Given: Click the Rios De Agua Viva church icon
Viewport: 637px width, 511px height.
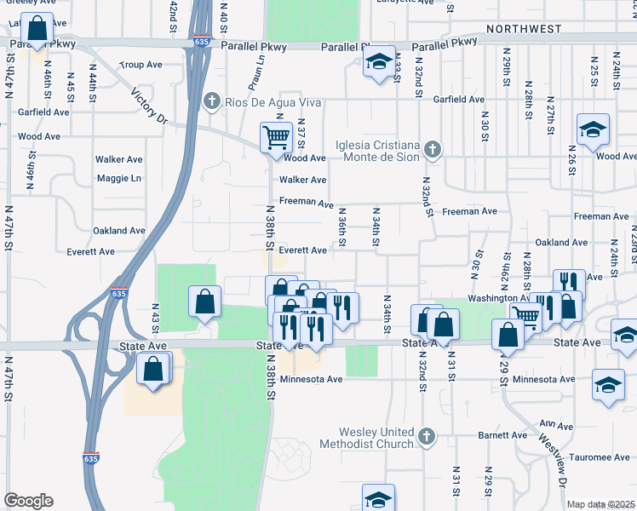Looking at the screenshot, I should tap(212, 103).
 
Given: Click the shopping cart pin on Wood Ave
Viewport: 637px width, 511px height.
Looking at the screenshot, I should tap(276, 138).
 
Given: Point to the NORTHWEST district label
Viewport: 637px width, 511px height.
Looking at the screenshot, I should tap(524, 29).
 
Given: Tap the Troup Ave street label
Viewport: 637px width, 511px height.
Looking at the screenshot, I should tap(141, 64).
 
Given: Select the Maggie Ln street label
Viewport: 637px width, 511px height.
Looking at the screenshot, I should tap(118, 178).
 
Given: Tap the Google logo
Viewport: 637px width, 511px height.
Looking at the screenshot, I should tap(28, 502).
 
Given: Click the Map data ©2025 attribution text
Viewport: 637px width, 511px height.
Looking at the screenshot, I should tap(601, 504).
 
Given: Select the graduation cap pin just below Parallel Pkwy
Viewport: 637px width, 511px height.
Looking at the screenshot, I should tap(380, 62).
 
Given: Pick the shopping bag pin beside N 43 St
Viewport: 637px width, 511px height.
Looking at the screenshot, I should tap(153, 370).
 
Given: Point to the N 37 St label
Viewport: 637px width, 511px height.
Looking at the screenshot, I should tap(301, 134).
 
